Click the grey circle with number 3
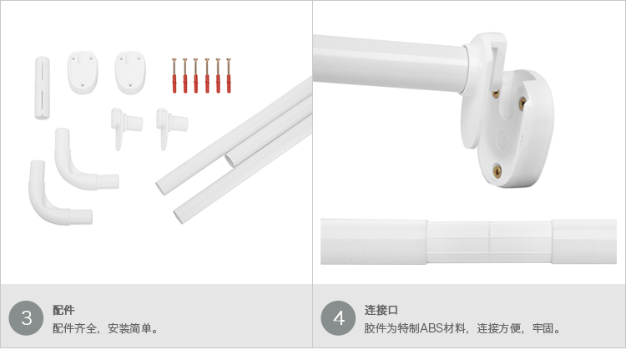pyautogui.click(x=26, y=318)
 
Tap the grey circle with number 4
pyautogui.click(x=338, y=318)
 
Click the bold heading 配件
pyautogui.click(x=63, y=310)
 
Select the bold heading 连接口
pyautogui.click(x=381, y=310)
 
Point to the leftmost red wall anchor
pyautogui.click(x=174, y=76)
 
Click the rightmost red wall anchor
pyautogui.click(x=229, y=76)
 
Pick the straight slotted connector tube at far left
pyautogui.click(x=43, y=88)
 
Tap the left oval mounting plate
pyautogui.click(x=83, y=73)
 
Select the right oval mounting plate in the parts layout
pyautogui.click(x=130, y=73)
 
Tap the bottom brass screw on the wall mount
pyautogui.click(x=497, y=171)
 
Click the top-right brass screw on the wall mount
pyautogui.click(x=523, y=104)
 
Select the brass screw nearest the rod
pyautogui.click(x=496, y=94)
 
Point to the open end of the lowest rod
pyautogui.click(x=178, y=215)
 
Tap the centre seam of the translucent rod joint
pyautogui.click(x=490, y=242)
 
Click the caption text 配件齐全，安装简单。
pyautogui.click(x=106, y=328)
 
